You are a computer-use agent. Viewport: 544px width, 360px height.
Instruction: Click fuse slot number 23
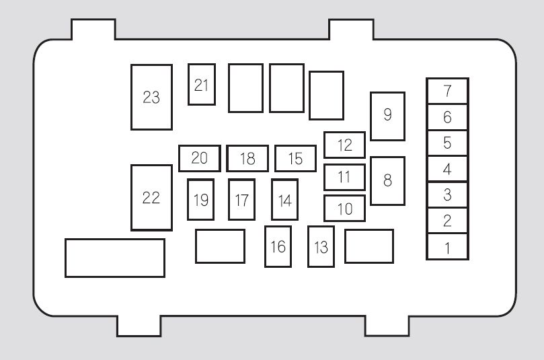pyautogui.click(x=151, y=97)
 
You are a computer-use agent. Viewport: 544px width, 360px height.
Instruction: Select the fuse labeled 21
pyautogui.click(x=202, y=84)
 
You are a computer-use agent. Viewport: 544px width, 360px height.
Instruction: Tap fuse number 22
pyautogui.click(x=151, y=198)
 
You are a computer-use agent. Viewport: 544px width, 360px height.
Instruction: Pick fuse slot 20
pyautogui.click(x=200, y=158)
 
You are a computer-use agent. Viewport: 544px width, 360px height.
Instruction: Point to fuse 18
pyautogui.click(x=247, y=158)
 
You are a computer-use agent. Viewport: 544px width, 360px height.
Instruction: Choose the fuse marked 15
pyautogui.click(x=296, y=158)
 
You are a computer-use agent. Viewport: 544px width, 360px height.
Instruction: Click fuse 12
pyautogui.click(x=344, y=145)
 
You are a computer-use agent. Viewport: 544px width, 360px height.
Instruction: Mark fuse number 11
pyautogui.click(x=344, y=177)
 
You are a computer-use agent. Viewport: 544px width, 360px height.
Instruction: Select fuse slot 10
pyautogui.click(x=344, y=209)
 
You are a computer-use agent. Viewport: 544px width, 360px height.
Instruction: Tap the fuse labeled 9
pyautogui.click(x=387, y=116)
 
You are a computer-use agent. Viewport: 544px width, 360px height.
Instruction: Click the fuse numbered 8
pyautogui.click(x=387, y=181)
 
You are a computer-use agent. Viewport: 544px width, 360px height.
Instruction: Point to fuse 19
pyautogui.click(x=200, y=200)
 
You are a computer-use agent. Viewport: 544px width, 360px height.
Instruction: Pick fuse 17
pyautogui.click(x=242, y=200)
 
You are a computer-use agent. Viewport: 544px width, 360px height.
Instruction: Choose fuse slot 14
pyautogui.click(x=285, y=200)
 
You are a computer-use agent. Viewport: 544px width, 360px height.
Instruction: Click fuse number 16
pyautogui.click(x=278, y=246)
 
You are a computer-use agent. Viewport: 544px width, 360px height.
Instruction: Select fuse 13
pyautogui.click(x=321, y=246)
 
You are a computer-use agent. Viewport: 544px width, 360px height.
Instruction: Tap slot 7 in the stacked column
pyautogui.click(x=448, y=91)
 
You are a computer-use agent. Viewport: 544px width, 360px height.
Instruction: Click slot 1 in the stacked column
pyautogui.click(x=448, y=246)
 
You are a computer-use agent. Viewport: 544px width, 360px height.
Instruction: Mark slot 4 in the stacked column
pyautogui.click(x=448, y=169)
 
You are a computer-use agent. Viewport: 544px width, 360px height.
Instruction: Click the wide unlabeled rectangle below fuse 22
pyautogui.click(x=115, y=258)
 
